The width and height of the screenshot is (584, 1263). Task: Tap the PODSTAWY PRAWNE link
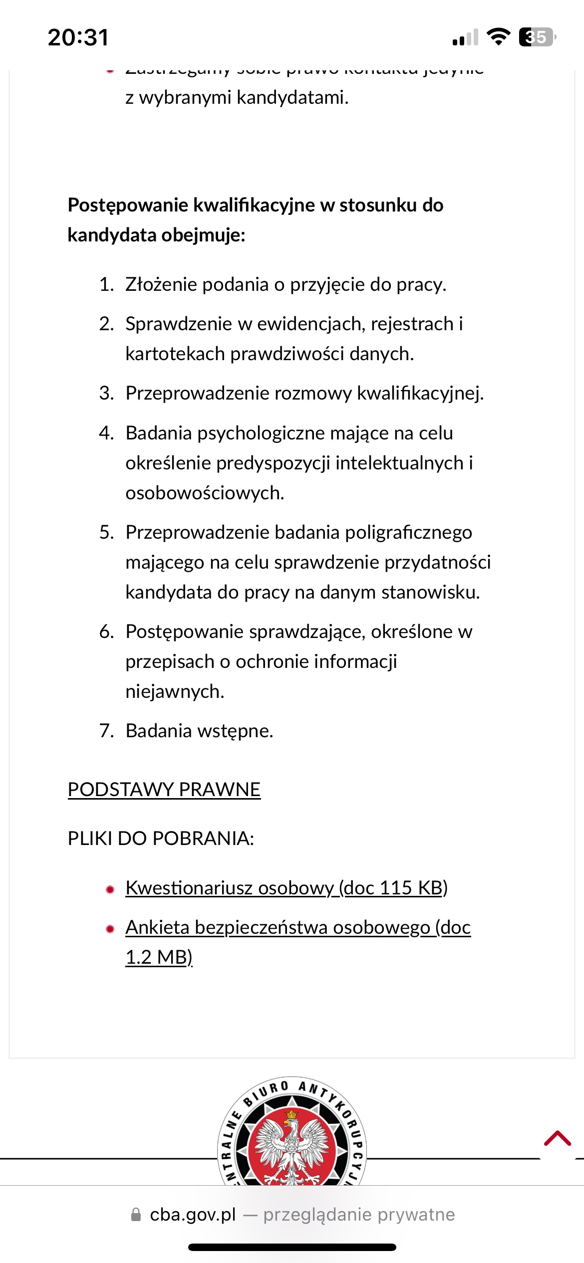(164, 790)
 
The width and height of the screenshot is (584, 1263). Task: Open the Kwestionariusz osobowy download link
(286, 888)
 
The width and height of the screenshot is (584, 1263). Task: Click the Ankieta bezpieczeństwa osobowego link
(297, 928)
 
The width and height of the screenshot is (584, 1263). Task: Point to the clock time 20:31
(78, 37)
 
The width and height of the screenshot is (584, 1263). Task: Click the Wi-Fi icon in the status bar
(498, 37)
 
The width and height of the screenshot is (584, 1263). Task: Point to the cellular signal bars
(465, 38)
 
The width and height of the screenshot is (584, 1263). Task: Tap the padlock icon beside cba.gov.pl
(136, 1215)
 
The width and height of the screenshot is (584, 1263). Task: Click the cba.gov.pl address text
(193, 1215)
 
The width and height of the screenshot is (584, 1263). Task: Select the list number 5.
(106, 533)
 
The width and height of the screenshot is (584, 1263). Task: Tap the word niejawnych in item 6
(175, 692)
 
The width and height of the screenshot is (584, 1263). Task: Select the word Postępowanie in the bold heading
(127, 206)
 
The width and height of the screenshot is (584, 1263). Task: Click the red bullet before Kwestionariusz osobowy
(110, 889)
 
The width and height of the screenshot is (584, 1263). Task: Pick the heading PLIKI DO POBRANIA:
(161, 839)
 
